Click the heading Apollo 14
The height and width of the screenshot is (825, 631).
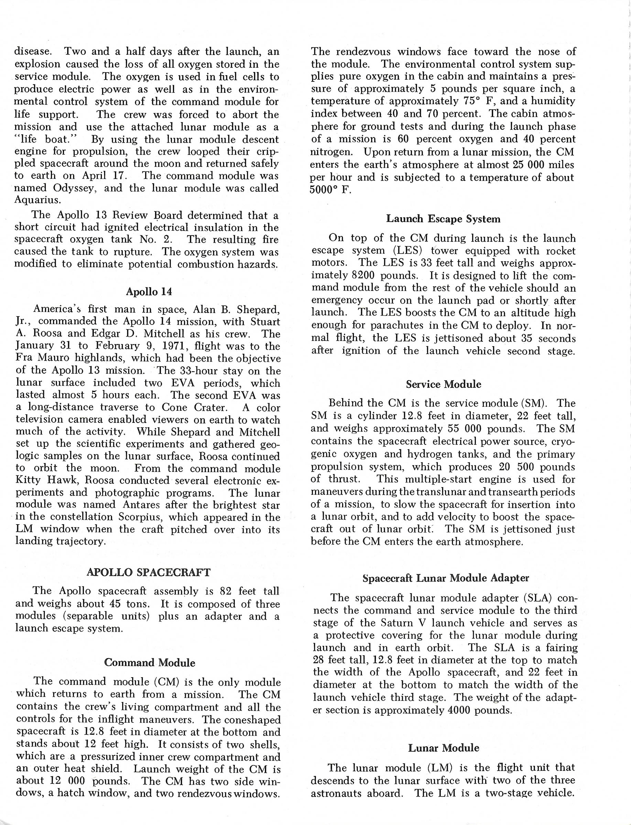[x=149, y=292]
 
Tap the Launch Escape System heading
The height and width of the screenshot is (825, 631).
[x=443, y=219]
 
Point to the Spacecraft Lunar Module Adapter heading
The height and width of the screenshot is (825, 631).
[x=446, y=578]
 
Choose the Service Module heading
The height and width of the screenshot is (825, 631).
[x=444, y=384]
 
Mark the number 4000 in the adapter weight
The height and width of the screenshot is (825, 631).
[x=464, y=710]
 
